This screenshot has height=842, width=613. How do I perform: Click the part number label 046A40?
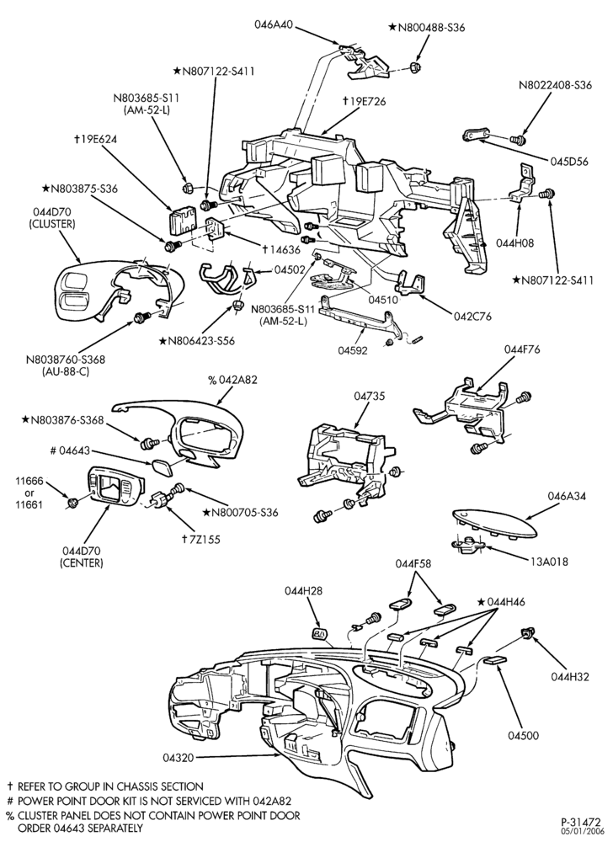tap(275, 24)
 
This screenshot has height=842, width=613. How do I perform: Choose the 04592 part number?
tap(353, 350)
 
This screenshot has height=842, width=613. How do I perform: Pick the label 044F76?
tap(522, 349)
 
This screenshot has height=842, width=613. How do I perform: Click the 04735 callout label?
tap(370, 396)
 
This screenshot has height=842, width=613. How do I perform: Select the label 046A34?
tap(567, 495)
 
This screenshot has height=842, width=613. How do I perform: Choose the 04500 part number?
tap(524, 735)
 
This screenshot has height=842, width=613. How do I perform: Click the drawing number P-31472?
tap(582, 822)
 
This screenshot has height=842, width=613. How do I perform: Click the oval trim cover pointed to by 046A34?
tap(494, 524)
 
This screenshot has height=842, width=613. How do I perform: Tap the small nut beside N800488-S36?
tap(414, 67)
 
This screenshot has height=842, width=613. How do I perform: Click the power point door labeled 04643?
tap(160, 467)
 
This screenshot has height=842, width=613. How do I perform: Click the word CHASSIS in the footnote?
tap(141, 786)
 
